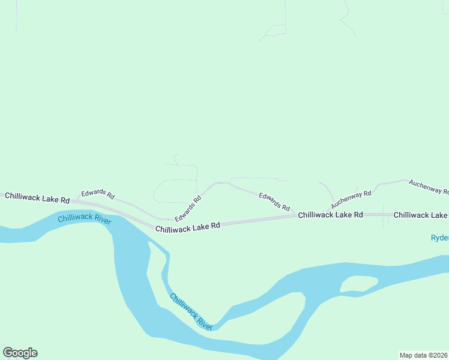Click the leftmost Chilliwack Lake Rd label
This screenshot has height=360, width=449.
pos(37,197)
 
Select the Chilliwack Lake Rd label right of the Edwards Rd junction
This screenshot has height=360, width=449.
pos(331,214)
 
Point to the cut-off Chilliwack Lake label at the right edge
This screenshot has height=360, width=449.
pos(421,214)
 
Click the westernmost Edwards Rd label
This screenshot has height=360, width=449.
pos(98,193)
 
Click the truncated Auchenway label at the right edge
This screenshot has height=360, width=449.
pos(429,187)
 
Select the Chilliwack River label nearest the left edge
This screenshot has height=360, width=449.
pos(84,218)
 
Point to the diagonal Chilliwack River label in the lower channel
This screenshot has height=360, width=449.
pos(191,311)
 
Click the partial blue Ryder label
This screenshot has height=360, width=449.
pos(439,238)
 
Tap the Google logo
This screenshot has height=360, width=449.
pos(20,353)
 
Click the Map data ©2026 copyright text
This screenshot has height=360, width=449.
pos(423,355)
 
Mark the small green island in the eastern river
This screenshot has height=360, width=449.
pos(358,283)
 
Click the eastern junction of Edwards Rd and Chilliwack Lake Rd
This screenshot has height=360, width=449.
pos(294,215)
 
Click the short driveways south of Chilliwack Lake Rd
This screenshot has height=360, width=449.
pos(384,220)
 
